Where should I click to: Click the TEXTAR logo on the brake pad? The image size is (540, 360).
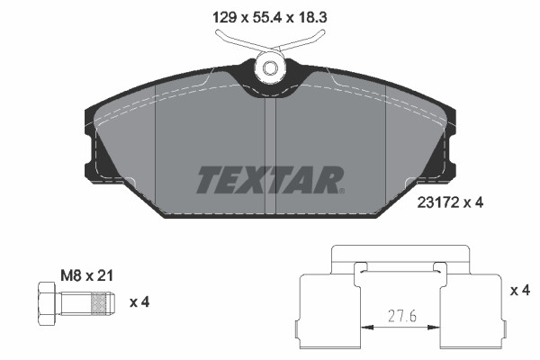[x=268, y=180]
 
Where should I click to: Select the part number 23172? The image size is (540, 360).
[x=439, y=203]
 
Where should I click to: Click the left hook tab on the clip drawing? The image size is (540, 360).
[x=359, y=267]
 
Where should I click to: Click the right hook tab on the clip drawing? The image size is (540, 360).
[x=440, y=267]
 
